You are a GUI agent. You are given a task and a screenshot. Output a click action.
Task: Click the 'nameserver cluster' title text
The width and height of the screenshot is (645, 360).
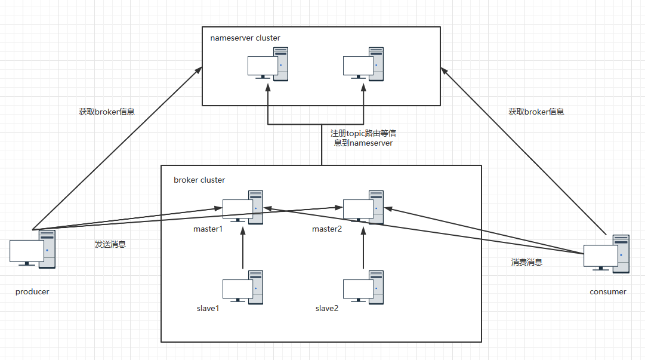click(245, 38)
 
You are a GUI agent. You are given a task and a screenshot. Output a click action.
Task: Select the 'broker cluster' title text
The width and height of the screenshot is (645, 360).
click(199, 180)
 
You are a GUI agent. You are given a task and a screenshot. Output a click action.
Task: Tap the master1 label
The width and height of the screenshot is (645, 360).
click(208, 229)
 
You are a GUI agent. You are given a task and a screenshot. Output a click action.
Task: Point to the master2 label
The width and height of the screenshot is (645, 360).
click(326, 229)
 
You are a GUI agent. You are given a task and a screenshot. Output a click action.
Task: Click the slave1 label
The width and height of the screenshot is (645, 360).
click(208, 309)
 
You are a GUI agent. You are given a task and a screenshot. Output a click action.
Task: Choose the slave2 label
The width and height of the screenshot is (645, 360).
click(327, 309)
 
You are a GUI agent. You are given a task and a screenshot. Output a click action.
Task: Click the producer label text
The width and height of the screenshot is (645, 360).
click(32, 292)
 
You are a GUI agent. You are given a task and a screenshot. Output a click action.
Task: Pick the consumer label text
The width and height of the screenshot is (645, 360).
click(608, 292)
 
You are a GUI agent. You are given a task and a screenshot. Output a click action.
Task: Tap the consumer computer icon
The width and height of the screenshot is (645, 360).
click(606, 254)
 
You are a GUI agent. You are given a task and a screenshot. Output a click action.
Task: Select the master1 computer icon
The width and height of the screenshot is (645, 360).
click(243, 207)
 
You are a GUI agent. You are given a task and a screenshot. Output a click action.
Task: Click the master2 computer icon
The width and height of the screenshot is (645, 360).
click(363, 207)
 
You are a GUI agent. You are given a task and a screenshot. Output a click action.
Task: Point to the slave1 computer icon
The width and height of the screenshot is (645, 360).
click(243, 287)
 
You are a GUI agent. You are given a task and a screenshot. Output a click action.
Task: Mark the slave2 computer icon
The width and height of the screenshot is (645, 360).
click(363, 287)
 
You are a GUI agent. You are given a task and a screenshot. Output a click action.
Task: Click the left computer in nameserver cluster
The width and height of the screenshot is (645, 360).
click(267, 64)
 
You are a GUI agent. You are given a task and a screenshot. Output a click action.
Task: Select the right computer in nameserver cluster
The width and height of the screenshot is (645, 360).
click(363, 64)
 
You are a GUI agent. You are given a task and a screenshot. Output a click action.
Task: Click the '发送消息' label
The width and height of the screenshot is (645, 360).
click(110, 244)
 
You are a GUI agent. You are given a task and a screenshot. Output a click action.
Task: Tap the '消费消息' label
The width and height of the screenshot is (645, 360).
click(527, 262)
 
